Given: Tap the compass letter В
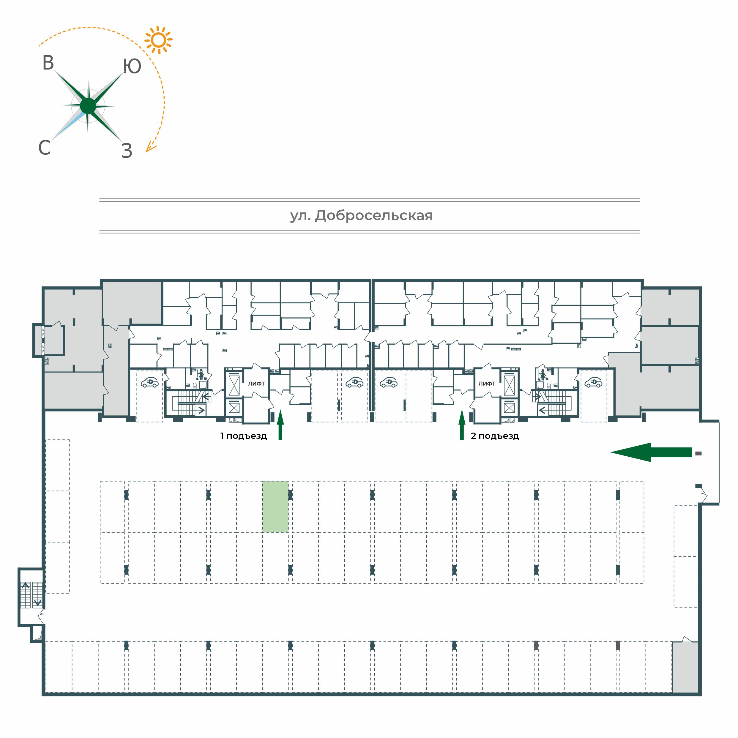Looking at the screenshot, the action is (x=48, y=63).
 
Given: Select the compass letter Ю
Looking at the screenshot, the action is (x=132, y=67).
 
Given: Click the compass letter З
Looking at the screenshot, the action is (x=127, y=151).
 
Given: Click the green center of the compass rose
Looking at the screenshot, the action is (x=88, y=106).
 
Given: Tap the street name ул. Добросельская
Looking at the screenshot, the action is (x=361, y=216).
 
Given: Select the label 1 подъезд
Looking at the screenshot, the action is (x=243, y=436).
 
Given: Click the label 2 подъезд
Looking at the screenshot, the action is (x=495, y=436).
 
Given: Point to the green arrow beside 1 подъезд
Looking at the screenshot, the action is (x=280, y=425).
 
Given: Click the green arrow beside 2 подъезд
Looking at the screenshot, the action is (x=462, y=425).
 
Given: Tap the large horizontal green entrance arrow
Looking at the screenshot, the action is (x=651, y=452).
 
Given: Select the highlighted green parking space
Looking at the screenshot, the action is (x=275, y=507).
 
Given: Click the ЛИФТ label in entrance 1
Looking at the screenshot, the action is (x=256, y=384).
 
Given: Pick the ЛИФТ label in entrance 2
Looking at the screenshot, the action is (x=487, y=384).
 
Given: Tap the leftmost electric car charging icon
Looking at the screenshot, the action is (x=150, y=382).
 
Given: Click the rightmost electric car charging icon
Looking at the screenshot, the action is (x=593, y=382).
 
